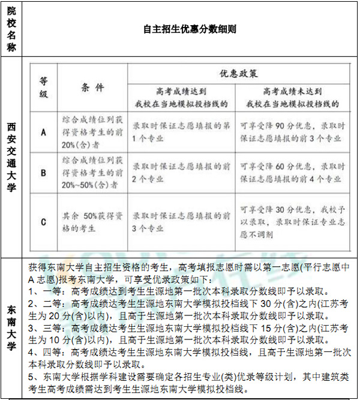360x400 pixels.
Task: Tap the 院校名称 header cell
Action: [11, 28]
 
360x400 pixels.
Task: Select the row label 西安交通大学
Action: [11, 157]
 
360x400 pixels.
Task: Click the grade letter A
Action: [43, 133]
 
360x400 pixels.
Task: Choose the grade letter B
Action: [43, 173]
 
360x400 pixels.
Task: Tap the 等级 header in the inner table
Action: [43, 88]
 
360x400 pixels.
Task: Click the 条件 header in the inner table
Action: [92, 88]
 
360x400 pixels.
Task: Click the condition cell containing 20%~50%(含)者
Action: [92, 173]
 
